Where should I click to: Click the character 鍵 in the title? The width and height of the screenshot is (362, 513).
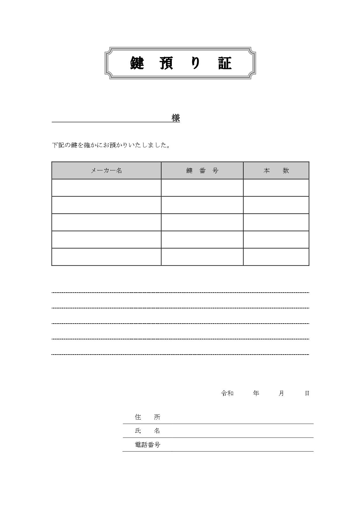click(137, 63)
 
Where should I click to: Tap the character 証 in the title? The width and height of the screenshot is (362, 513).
click(225, 63)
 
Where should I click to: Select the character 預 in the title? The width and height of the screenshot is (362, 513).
click(167, 63)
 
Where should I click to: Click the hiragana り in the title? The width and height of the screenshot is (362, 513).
click(196, 63)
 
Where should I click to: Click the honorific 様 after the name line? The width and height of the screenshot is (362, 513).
click(176, 118)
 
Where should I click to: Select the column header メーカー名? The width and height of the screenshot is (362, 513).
click(106, 171)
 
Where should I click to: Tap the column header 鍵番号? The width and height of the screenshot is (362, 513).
click(202, 171)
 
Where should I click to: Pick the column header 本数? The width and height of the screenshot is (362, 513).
click(276, 171)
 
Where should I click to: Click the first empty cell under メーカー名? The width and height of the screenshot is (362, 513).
click(106, 188)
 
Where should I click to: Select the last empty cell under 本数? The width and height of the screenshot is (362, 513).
click(276, 257)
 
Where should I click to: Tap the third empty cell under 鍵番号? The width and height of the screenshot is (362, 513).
click(202, 222)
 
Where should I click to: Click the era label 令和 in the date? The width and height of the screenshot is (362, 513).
click(227, 393)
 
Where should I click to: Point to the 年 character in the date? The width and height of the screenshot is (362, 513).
click(256, 393)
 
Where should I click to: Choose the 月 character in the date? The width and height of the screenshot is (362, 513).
click(281, 393)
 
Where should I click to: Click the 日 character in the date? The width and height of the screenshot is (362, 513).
click(307, 393)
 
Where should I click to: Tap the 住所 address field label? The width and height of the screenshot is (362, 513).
click(148, 417)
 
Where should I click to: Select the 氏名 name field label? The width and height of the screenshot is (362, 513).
click(148, 431)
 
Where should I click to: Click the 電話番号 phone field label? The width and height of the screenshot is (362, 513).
click(148, 445)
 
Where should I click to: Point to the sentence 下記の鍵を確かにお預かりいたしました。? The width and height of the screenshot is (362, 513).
click(111, 145)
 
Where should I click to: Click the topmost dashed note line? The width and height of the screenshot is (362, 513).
click(180, 292)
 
